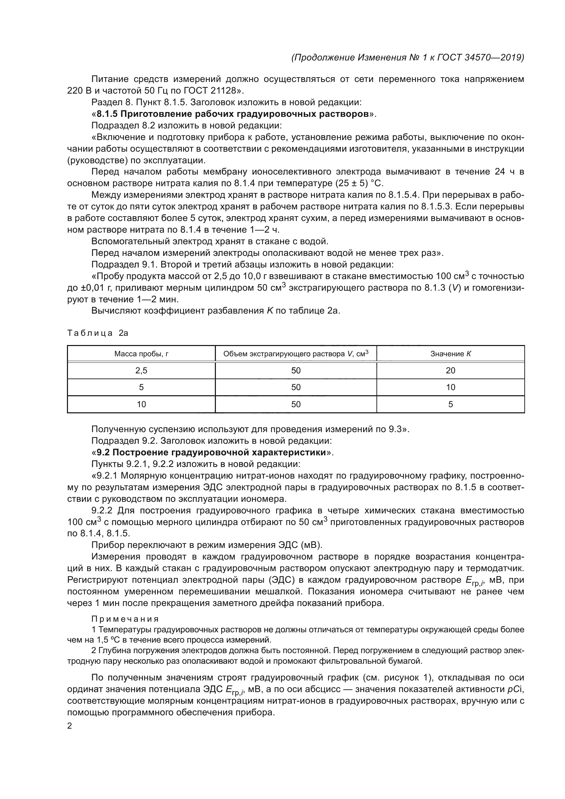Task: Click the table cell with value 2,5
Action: coord(141,371)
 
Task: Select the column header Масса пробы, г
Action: coord(141,354)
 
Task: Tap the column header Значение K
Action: coord(451,354)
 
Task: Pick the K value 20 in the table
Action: coord(451,371)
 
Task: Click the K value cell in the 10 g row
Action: coord(451,404)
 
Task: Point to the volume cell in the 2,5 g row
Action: coord(296,371)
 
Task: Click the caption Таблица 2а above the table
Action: coord(98,333)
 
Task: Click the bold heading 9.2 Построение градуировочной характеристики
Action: coord(211,452)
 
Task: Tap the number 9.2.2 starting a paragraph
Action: coord(102,510)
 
